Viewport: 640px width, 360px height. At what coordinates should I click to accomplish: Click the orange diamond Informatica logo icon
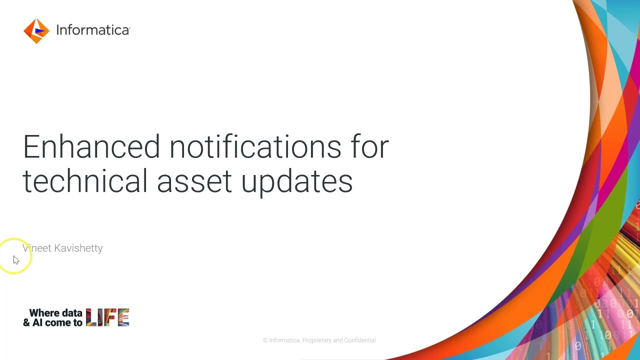tap(36, 31)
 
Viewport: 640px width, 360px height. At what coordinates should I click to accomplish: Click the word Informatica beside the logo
tap(93, 30)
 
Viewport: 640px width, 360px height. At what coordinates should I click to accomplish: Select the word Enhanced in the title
tap(91, 146)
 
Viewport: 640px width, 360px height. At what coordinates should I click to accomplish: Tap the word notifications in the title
tap(255, 146)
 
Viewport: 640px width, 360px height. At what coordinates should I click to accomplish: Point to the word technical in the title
tap(85, 181)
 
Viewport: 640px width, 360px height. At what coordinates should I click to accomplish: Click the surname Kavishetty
tap(78, 248)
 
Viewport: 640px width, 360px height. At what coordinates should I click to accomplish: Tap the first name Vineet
tap(37, 248)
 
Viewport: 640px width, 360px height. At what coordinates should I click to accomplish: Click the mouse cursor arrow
tap(16, 260)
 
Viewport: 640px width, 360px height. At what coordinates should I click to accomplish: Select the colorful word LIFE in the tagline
tap(107, 317)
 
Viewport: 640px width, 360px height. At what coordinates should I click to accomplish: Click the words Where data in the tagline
tap(55, 313)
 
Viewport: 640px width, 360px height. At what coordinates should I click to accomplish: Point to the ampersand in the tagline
tap(26, 322)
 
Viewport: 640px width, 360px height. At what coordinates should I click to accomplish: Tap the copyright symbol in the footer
tap(265, 340)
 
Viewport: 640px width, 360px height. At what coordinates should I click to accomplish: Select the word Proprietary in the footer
tap(316, 340)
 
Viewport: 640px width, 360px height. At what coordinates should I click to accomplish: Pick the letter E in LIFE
tap(123, 317)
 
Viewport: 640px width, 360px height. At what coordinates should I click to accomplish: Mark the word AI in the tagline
tap(37, 322)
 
